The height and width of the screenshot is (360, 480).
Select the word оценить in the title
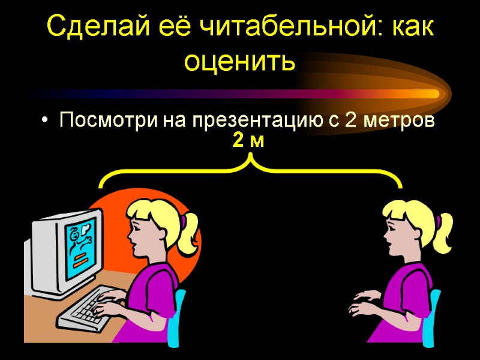click(x=240, y=61)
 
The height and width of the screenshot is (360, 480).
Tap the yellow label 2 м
click(x=248, y=142)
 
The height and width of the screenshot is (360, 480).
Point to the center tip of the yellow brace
click(x=250, y=158)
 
